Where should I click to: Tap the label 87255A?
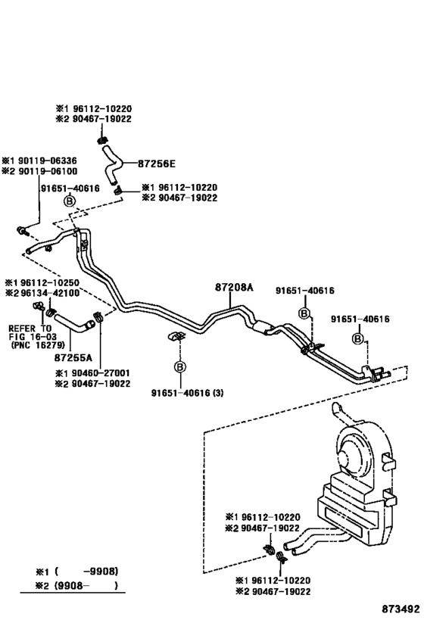click(73, 357)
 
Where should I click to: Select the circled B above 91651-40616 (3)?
click(179, 367)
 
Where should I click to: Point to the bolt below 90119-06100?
click(22, 230)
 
